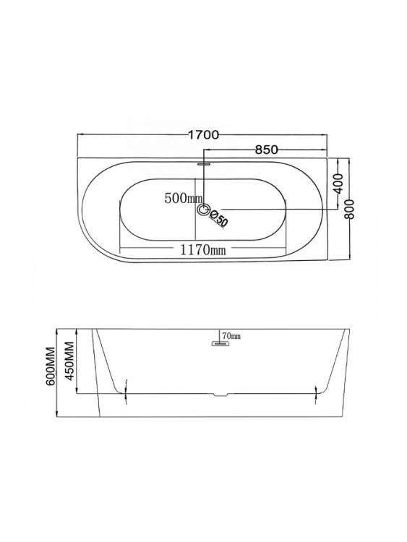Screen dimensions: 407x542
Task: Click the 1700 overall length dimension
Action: pyautogui.click(x=203, y=135)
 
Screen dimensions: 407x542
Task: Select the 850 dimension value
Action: pyautogui.click(x=266, y=150)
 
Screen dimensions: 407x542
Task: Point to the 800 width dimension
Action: pyautogui.click(x=350, y=209)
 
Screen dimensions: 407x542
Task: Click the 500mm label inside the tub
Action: pyautogui.click(x=184, y=199)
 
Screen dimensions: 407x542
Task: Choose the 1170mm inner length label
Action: pyautogui.click(x=203, y=249)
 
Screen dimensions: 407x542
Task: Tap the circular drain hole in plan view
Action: pyautogui.click(x=203, y=210)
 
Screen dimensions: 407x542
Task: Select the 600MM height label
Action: pyautogui.click(x=51, y=366)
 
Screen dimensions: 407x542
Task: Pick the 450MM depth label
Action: pyautogui.click(x=70, y=361)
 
